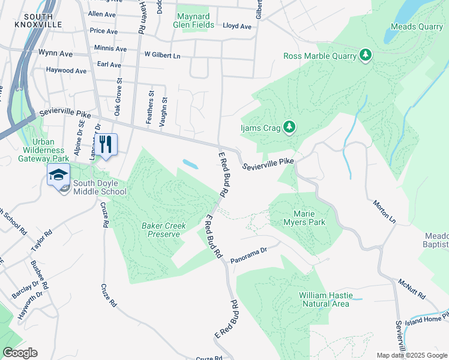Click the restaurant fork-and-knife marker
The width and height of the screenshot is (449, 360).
tap(106, 145)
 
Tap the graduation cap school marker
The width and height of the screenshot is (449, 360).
tap(58, 175)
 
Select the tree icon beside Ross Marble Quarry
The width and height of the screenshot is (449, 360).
tap(365, 56)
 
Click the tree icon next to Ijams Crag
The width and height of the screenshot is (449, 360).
tap(289, 126)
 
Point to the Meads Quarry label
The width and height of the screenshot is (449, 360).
tap(416, 27)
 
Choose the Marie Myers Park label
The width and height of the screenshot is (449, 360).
tap(309, 218)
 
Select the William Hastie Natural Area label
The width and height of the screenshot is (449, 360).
tap(324, 299)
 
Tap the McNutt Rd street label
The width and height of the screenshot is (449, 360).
tap(411, 288)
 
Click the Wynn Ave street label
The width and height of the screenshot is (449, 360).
tap(55, 53)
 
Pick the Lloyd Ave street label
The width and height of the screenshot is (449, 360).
tap(237, 26)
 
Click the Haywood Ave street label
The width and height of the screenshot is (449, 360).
tap(66, 70)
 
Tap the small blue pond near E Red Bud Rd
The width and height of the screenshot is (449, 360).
tap(189, 163)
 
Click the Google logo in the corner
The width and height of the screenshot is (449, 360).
tap(20, 353)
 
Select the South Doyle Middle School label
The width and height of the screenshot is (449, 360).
tap(100, 187)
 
